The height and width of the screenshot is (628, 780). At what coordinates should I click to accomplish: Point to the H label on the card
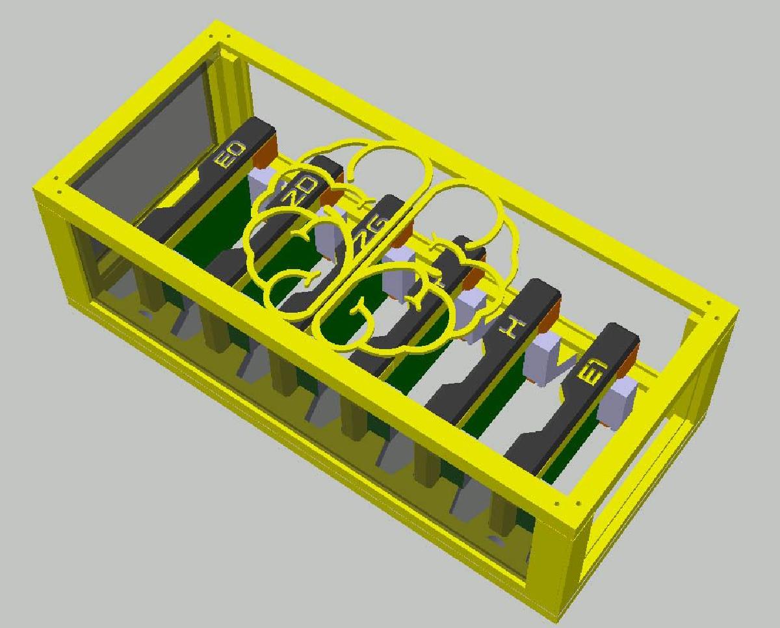coord(510,328)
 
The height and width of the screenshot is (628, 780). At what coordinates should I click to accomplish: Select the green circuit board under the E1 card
coord(572,442)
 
